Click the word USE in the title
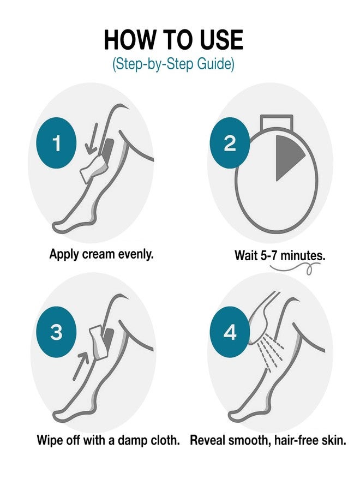click(x=221, y=40)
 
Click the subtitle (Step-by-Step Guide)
click(x=173, y=64)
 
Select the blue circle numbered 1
click(x=57, y=143)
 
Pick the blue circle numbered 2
click(x=230, y=143)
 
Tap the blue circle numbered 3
click(x=57, y=332)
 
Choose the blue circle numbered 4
click(x=230, y=332)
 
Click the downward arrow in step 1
click(x=92, y=139)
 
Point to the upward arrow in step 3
click(x=80, y=366)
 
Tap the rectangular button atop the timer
click(x=277, y=122)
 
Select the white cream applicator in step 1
click(x=93, y=168)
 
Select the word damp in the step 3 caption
click(x=131, y=440)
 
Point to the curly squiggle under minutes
click(x=295, y=268)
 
